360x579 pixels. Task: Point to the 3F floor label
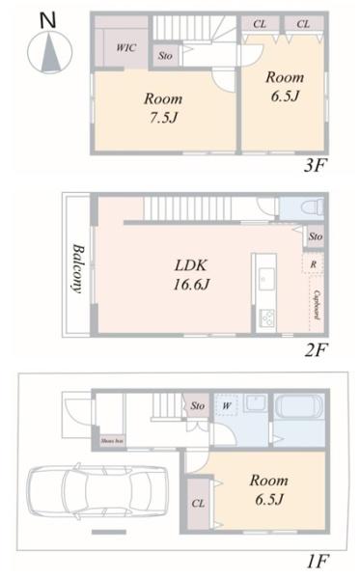(315, 165)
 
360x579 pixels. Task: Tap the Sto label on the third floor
(165, 55)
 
